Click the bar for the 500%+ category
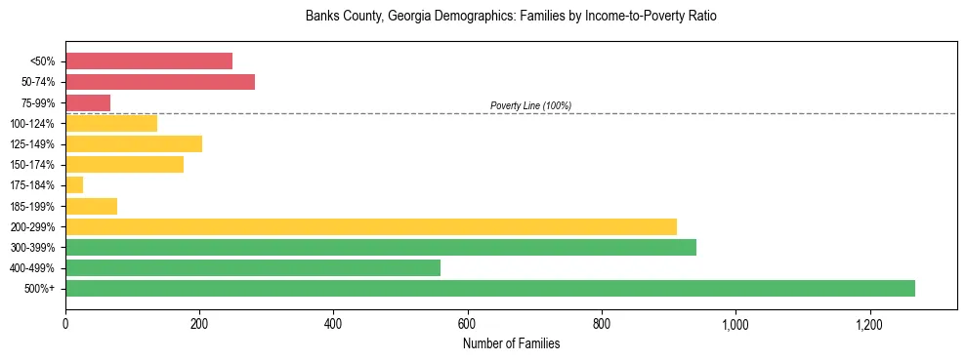click(x=490, y=288)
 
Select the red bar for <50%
click(x=148, y=60)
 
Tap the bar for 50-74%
click(x=160, y=81)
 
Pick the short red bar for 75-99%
click(x=88, y=102)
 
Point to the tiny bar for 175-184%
click(x=74, y=184)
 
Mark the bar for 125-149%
click(x=134, y=143)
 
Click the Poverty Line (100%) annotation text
click(x=530, y=105)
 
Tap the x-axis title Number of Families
click(x=511, y=343)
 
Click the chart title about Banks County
click(x=511, y=17)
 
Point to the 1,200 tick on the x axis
click(x=869, y=323)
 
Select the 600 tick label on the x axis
click(x=467, y=323)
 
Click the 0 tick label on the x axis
click(x=65, y=323)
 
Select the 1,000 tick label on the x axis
click(x=735, y=323)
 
